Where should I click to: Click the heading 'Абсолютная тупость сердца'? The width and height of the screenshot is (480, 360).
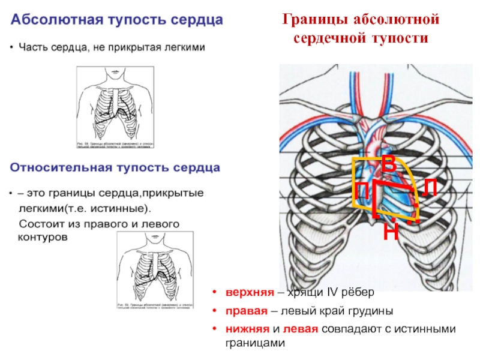tap(117, 20)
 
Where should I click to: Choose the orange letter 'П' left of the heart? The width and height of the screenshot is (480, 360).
tap(361, 192)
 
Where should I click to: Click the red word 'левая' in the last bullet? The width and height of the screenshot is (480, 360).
tap(301, 329)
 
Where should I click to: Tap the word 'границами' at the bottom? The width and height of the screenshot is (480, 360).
tap(253, 343)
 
